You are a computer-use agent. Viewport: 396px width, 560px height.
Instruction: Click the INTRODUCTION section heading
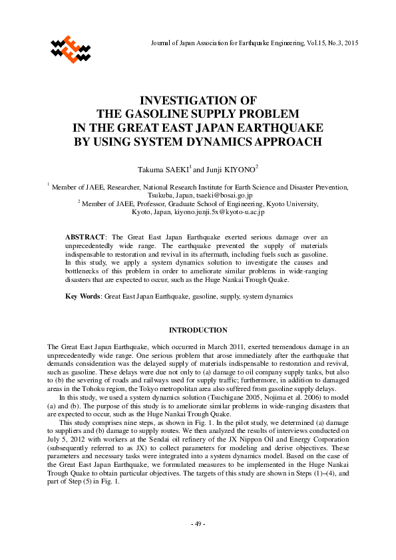[198, 331]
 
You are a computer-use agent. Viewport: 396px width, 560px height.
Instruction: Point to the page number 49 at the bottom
[198, 525]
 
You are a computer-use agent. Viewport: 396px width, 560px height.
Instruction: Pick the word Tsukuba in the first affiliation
[161, 196]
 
